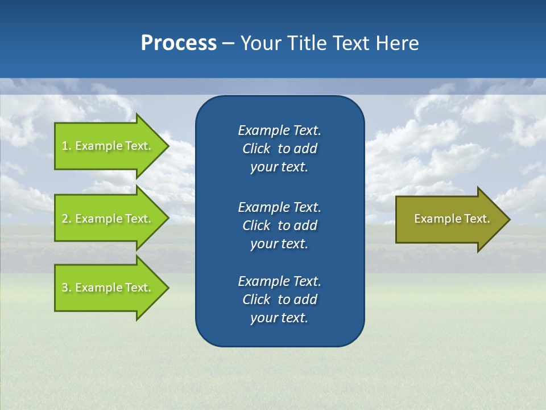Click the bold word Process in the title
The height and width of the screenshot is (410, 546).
click(x=179, y=43)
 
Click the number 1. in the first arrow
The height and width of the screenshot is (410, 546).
click(x=66, y=146)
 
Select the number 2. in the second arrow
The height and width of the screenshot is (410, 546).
click(x=66, y=219)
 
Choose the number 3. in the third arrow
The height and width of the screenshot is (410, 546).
click(x=66, y=288)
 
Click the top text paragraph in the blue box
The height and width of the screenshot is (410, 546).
click(x=279, y=149)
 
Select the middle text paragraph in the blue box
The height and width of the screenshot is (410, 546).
click(x=279, y=225)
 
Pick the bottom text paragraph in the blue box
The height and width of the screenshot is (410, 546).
click(x=279, y=300)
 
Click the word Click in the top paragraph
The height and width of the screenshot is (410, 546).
click(x=256, y=149)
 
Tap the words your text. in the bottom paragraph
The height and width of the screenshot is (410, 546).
click(x=279, y=318)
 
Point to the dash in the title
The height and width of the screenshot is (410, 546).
click(x=228, y=44)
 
